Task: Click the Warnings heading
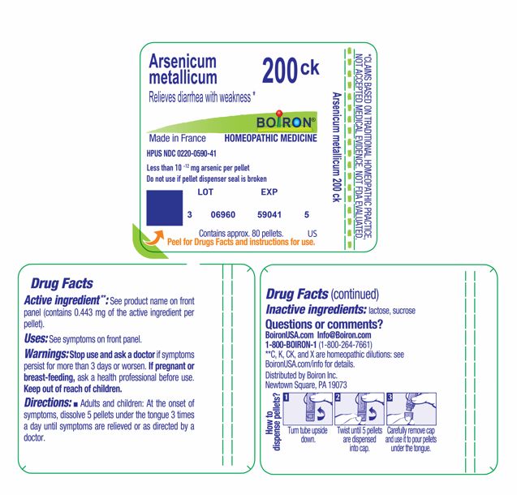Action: (x=46, y=355)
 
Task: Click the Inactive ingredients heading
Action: (x=316, y=310)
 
